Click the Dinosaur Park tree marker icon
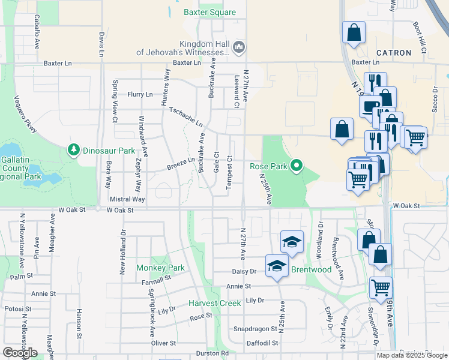pos(74,150)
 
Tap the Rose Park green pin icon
pos(295,166)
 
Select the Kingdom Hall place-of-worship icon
pos(239,47)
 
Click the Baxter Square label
pos(209,12)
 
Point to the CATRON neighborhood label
pos(394,53)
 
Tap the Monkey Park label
pos(160,267)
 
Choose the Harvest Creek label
pos(215,304)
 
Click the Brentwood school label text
pos(312,270)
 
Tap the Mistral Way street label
pos(127,199)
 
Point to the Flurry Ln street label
pos(140,94)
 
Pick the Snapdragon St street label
pos(255,329)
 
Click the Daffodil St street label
pos(262,343)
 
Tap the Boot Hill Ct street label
pos(419,38)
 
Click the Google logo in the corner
pos(20,353)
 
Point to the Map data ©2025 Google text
pos(411,355)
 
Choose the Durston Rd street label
pos(212,353)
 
